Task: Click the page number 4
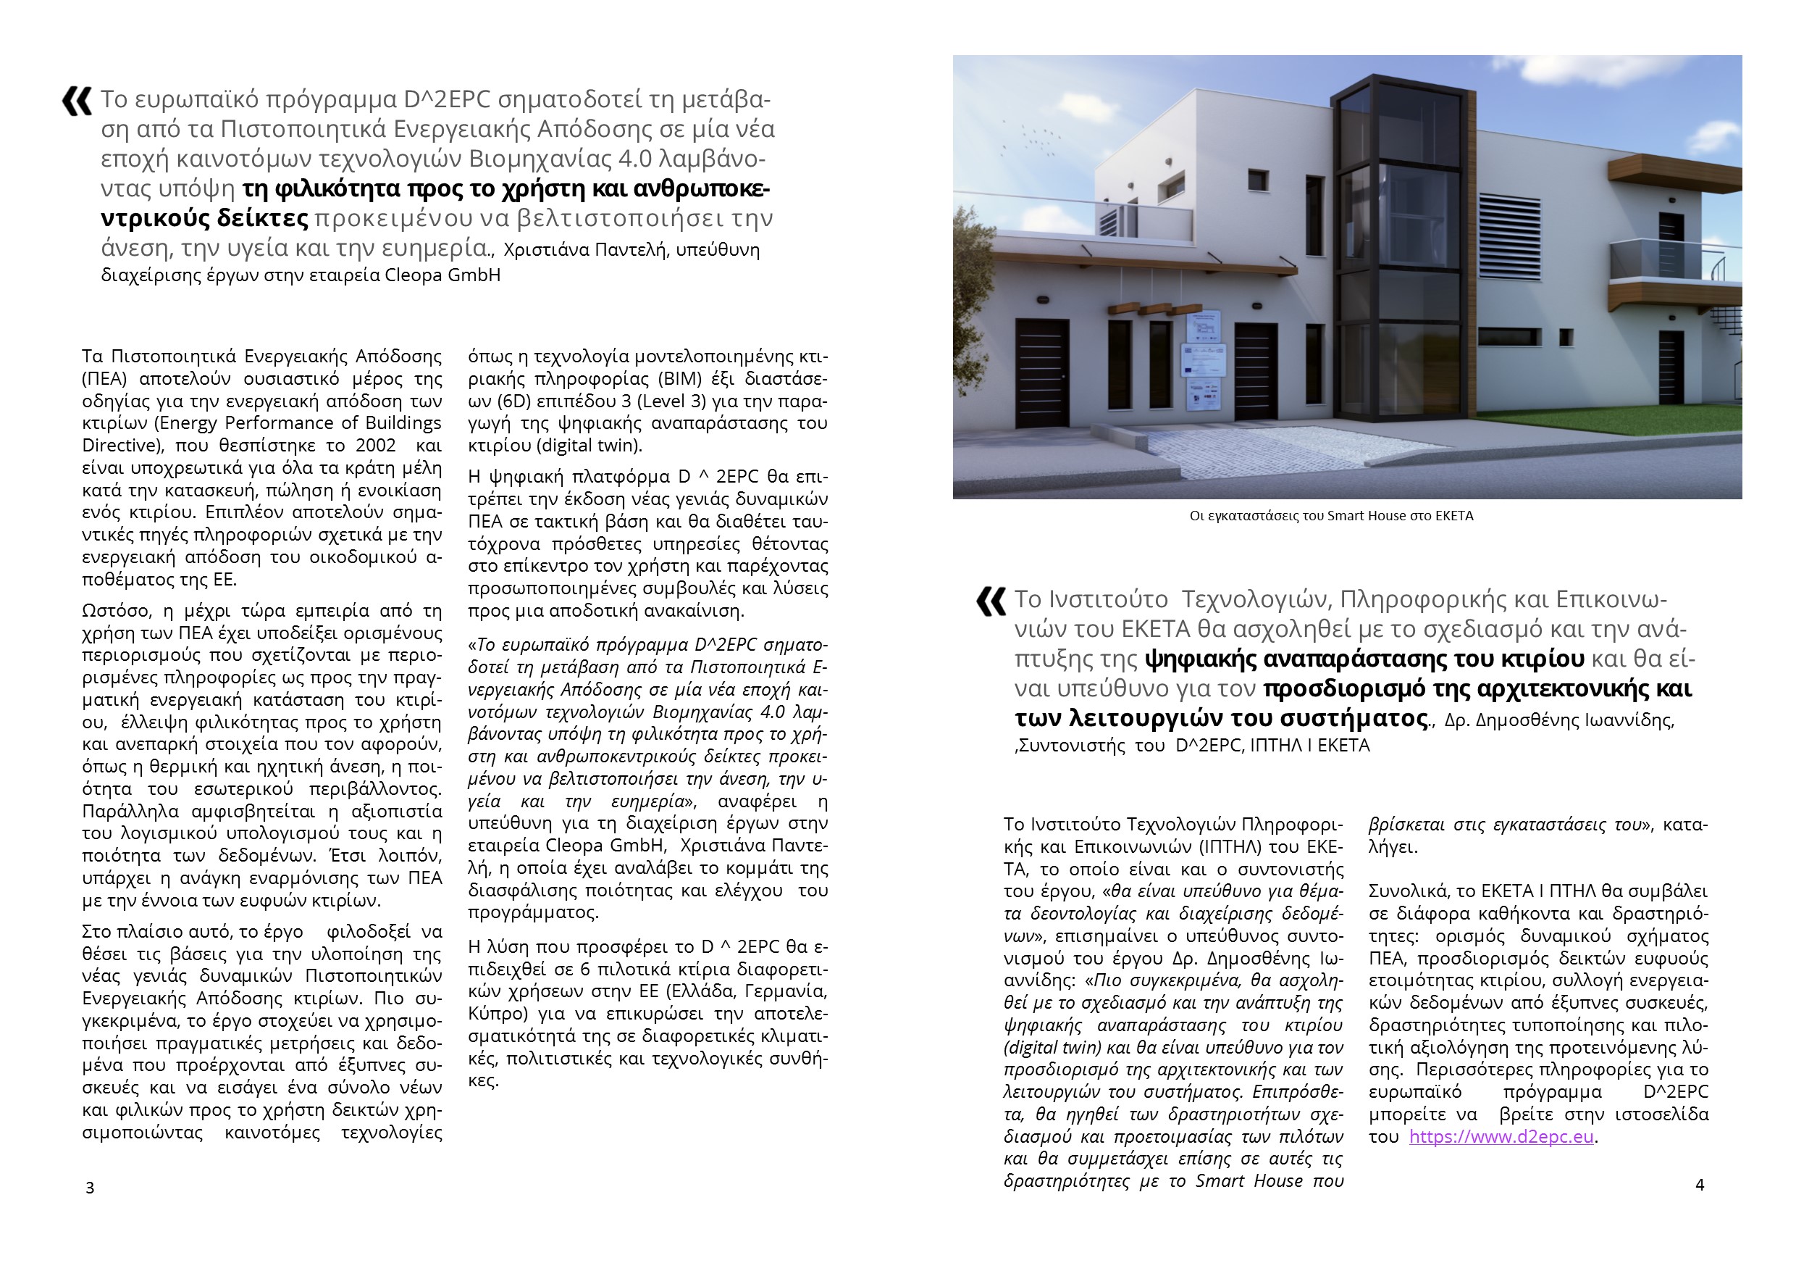tap(1699, 1185)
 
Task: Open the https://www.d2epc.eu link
tap(1501, 1137)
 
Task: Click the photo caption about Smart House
tap(1331, 516)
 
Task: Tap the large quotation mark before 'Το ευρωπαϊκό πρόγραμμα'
tap(77, 101)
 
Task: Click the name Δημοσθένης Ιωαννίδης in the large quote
tap(1574, 721)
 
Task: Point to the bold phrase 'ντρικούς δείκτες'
tap(205, 218)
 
